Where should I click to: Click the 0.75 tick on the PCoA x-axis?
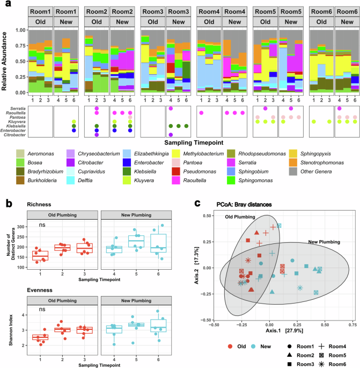click(352, 324)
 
